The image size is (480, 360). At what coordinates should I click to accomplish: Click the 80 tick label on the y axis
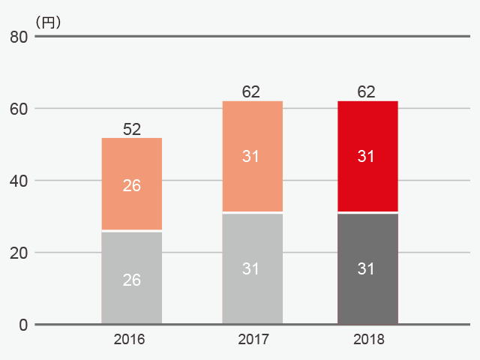19,37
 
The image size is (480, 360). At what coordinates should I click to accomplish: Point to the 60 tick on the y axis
19,109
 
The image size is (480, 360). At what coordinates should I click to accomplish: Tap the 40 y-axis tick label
19,181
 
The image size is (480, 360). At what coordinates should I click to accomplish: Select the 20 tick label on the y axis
19,253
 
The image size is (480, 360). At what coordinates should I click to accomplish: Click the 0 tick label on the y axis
23,325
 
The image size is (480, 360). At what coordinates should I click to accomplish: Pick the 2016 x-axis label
129,339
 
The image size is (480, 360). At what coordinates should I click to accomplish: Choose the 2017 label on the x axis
253,339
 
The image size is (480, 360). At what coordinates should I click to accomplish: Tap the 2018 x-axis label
368,339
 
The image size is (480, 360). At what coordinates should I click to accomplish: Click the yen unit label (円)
48,22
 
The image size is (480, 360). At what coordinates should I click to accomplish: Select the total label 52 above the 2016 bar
132,129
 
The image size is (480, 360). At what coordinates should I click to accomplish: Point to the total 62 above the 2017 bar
251,91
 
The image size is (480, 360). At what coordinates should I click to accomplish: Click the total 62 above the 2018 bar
366,91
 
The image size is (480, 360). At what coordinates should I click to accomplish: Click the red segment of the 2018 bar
367,156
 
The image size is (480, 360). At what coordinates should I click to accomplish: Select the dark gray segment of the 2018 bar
367,268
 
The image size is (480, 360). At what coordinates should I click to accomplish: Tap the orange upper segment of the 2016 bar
132,184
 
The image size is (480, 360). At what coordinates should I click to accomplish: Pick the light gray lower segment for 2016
132,277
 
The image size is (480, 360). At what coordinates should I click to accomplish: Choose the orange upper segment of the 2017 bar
253,156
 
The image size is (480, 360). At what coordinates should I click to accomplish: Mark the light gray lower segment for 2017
253,268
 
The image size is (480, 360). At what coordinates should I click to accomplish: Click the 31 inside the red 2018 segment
366,156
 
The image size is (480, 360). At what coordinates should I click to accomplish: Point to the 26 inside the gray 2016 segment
132,280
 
